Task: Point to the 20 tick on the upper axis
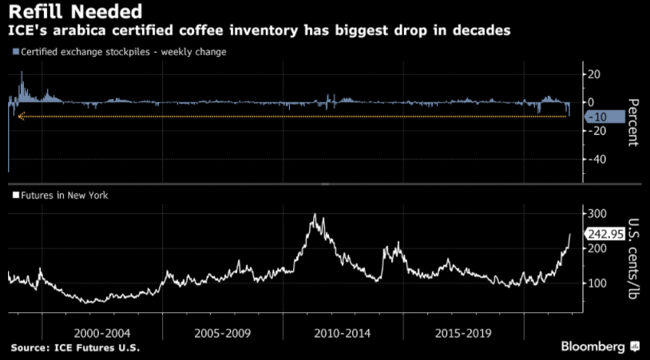[x=595, y=74]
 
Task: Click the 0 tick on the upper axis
[x=591, y=102]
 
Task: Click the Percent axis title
[x=632, y=121]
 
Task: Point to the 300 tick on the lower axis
[x=596, y=213]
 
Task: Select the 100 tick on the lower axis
[x=596, y=283]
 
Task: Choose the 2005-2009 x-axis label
[x=222, y=332]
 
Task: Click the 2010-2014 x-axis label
[x=343, y=332]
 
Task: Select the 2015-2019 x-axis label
[x=463, y=332]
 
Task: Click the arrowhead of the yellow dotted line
[x=20, y=117]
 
